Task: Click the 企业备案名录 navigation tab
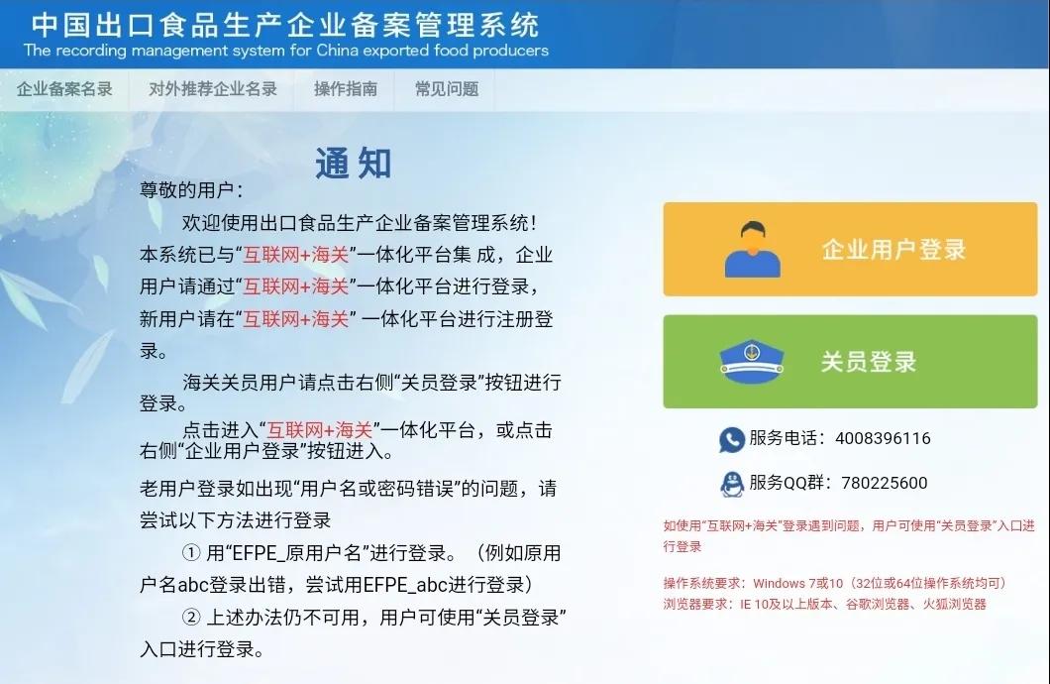64,89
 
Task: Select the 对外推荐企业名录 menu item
213,89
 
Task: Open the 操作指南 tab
346,89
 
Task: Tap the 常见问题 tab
447,89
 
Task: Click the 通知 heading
354,164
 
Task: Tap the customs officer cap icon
752,362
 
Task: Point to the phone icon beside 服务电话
731,439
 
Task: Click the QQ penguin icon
731,484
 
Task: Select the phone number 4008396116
883,439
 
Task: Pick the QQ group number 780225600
884,484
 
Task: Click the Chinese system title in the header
285,24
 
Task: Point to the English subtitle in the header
285,51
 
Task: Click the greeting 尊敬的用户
190,190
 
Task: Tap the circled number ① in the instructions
191,552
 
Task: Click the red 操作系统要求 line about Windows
834,583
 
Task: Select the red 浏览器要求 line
824,603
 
